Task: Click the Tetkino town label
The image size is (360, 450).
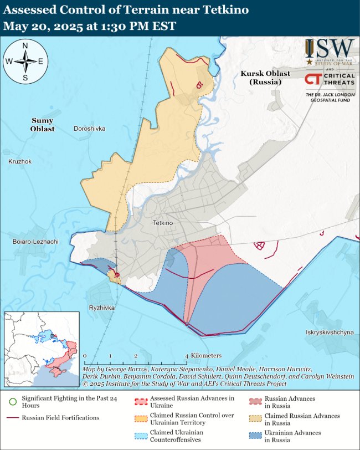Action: tap(163, 223)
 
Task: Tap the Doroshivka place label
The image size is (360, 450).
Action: tap(89, 129)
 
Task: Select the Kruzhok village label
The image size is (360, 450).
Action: tap(20, 161)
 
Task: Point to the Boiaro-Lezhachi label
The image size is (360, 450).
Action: tap(35, 242)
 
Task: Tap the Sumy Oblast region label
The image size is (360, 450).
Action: tap(43, 125)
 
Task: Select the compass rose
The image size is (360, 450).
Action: tap(25, 62)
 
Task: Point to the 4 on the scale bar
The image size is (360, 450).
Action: tap(187, 356)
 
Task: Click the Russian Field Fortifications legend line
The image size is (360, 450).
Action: tap(11, 417)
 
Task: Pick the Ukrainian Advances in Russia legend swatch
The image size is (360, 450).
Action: tap(254, 436)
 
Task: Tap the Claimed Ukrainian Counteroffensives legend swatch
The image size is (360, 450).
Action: tap(143, 436)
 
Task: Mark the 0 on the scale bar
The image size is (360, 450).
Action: tap(85, 356)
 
